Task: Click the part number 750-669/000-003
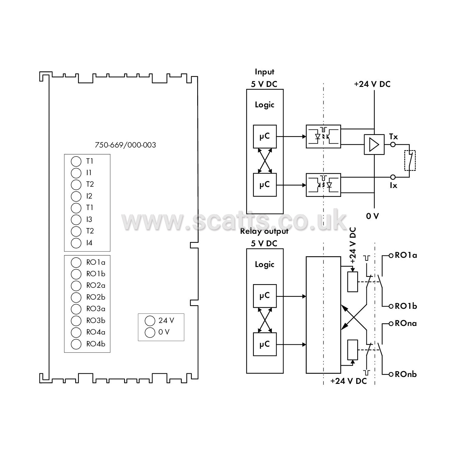tap(125, 145)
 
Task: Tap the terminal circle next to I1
tap(76, 173)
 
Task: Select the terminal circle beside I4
tap(76, 243)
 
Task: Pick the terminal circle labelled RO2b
tap(76, 298)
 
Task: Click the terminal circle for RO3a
tap(76, 309)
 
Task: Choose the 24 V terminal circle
tap(150, 321)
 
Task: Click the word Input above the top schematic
tap(264, 72)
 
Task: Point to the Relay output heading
tap(264, 231)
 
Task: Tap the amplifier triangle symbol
tap(374, 145)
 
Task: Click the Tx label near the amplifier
tap(394, 137)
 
